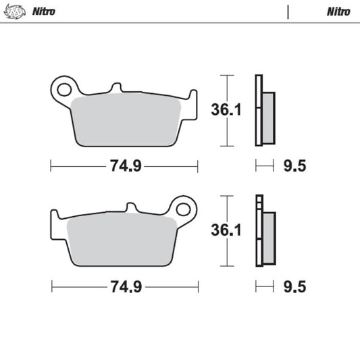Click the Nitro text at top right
pos(338,11)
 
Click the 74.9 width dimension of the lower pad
pos(125,287)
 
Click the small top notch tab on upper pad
pos(115,88)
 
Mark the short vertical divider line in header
pos(288,11)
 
